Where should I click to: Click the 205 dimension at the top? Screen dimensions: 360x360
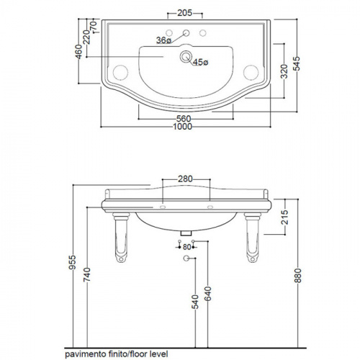pyautogui.click(x=184, y=13)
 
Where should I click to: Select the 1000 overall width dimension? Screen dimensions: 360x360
pyautogui.click(x=182, y=127)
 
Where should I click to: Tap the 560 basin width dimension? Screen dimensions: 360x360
pyautogui.click(x=184, y=119)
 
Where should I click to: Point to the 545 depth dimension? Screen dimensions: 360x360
pyautogui.click(x=297, y=63)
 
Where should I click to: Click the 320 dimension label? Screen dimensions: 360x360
pyautogui.click(x=284, y=71)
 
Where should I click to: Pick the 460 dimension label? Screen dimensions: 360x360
pyautogui.click(x=78, y=52)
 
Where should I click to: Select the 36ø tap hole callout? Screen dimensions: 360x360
pyautogui.click(x=163, y=40)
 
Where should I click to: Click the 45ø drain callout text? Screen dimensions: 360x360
pyautogui.click(x=201, y=62)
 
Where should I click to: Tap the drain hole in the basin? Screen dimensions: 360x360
pyautogui.click(x=186, y=57)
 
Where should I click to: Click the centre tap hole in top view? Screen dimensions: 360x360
pyautogui.click(x=186, y=32)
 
